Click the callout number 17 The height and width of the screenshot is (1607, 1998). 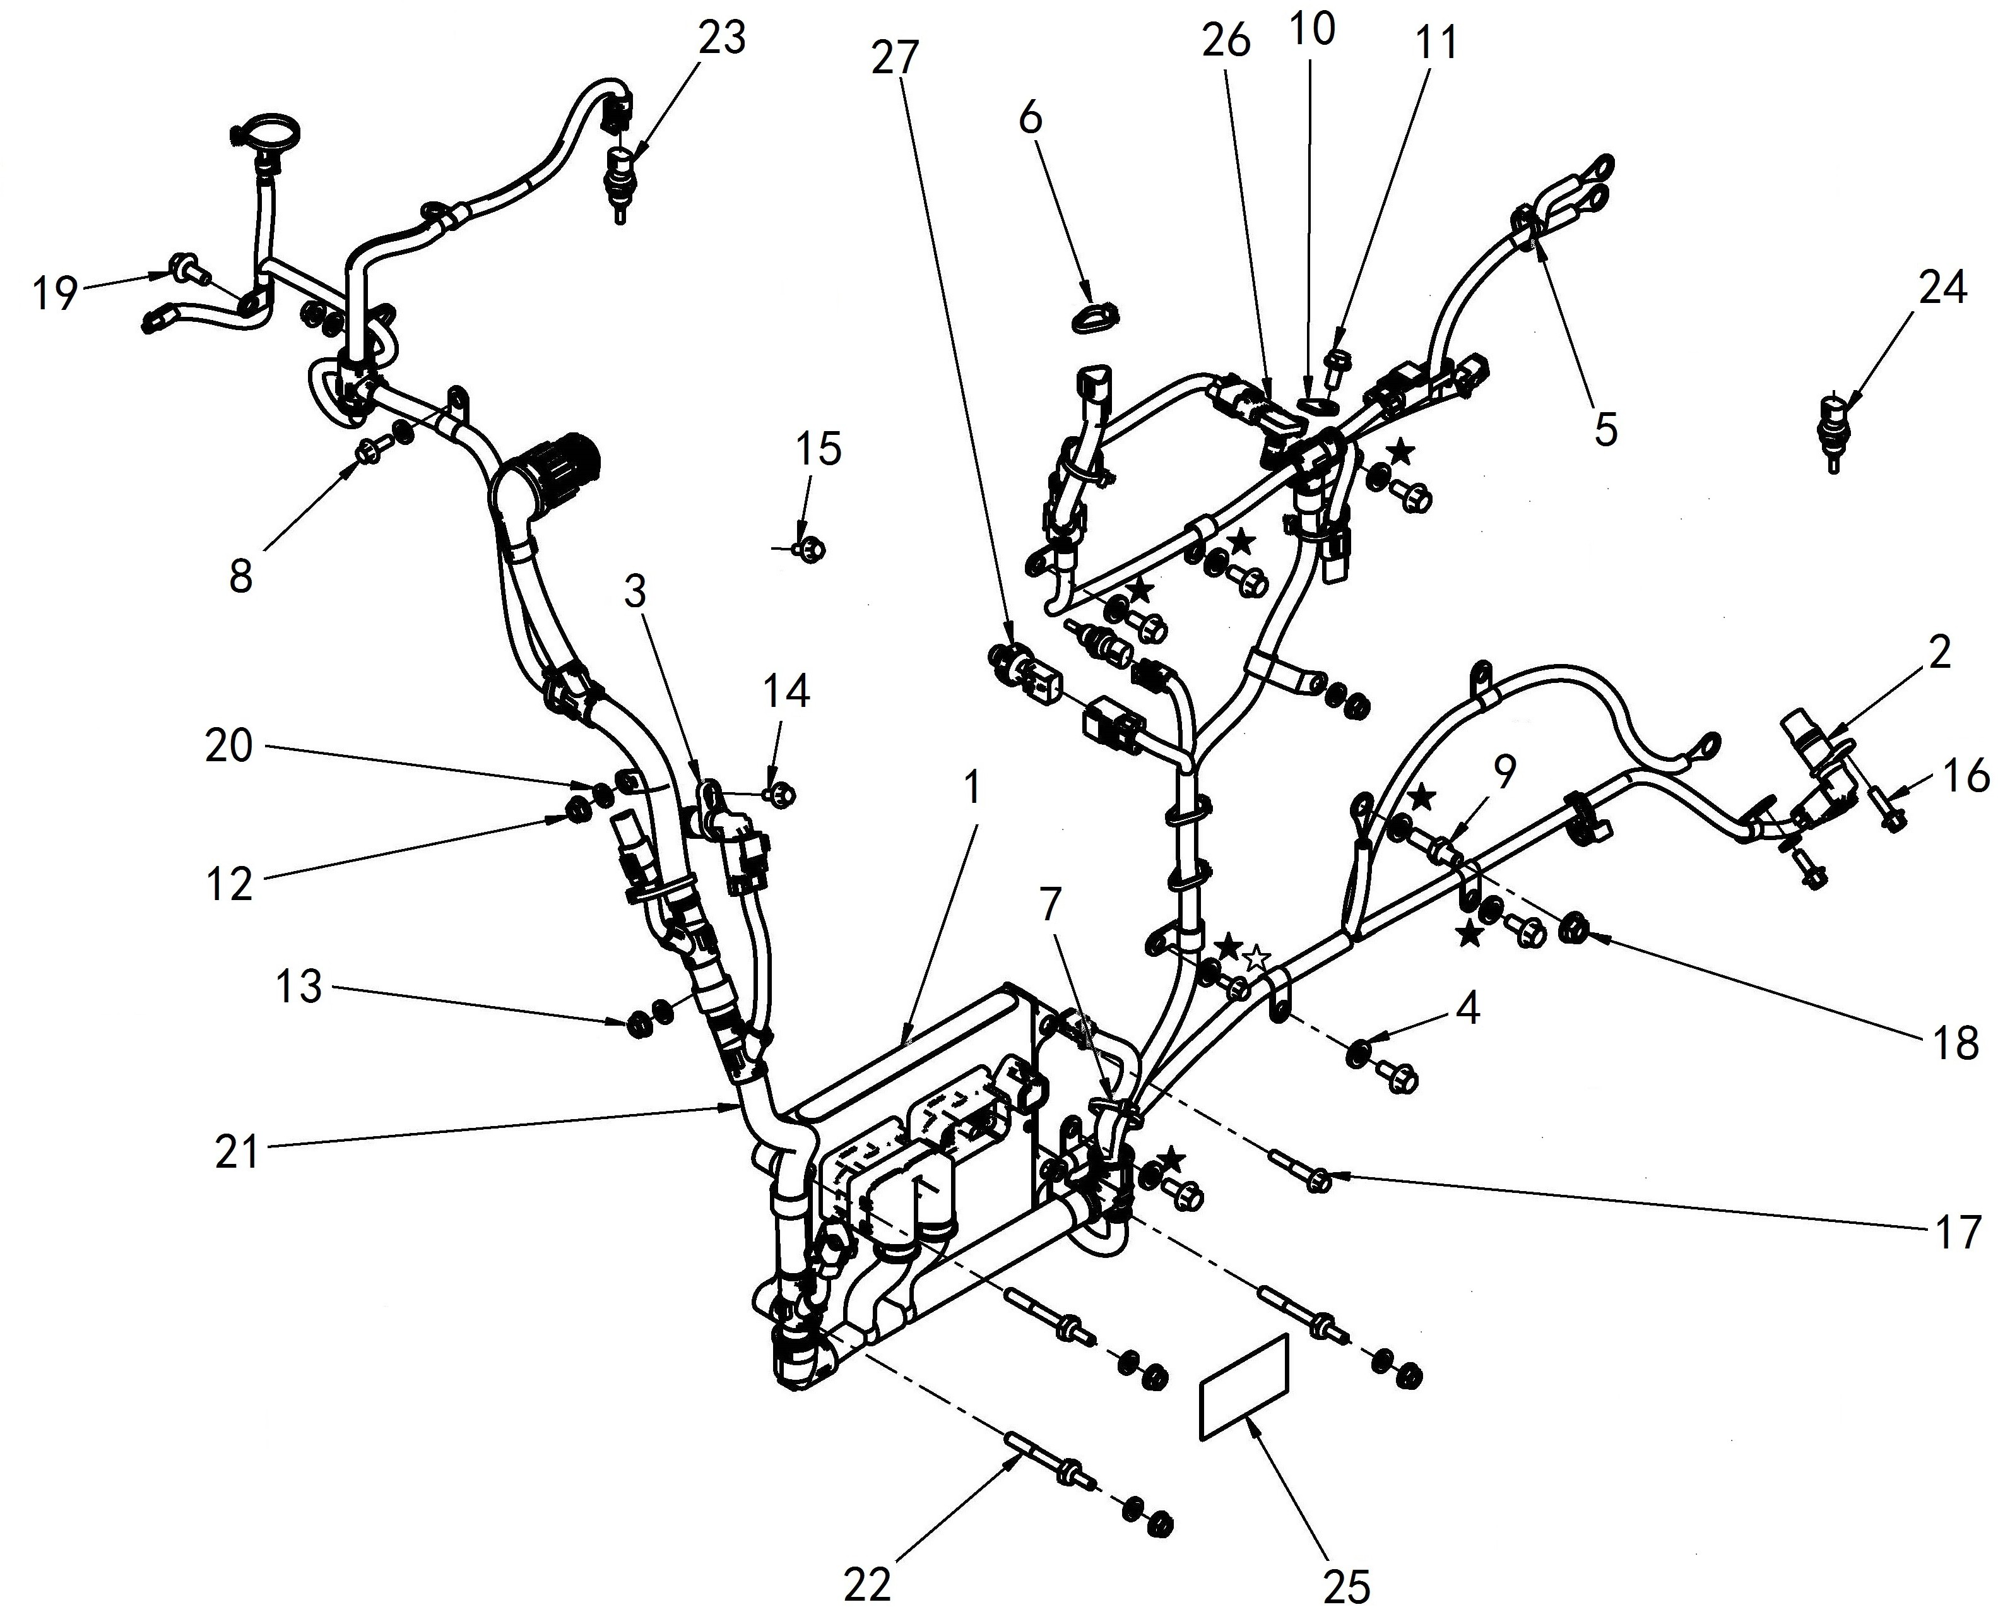click(x=1956, y=1233)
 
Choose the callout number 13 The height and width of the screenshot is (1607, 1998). click(x=299, y=987)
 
